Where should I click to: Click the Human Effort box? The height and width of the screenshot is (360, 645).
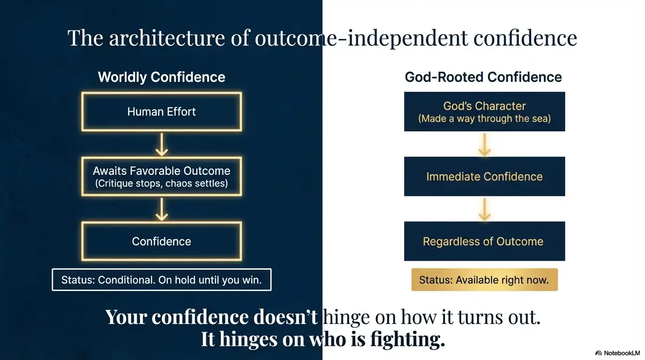click(161, 112)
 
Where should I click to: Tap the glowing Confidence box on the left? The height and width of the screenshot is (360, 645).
click(161, 241)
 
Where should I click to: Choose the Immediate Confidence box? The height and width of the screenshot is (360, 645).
click(484, 177)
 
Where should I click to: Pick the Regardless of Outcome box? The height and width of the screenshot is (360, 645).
click(484, 241)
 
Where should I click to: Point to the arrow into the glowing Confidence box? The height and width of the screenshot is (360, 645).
click(161, 209)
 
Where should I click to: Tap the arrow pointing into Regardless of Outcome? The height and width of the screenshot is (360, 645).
click(484, 209)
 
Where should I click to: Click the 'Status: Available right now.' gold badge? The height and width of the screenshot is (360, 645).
click(484, 280)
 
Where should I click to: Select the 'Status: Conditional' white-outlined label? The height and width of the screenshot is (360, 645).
click(161, 280)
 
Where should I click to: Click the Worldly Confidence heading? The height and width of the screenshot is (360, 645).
click(161, 77)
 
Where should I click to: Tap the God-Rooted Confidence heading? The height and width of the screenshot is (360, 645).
click(483, 77)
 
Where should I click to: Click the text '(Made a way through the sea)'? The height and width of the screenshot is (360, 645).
click(484, 119)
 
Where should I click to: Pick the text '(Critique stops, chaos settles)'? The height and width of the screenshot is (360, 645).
click(161, 183)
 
